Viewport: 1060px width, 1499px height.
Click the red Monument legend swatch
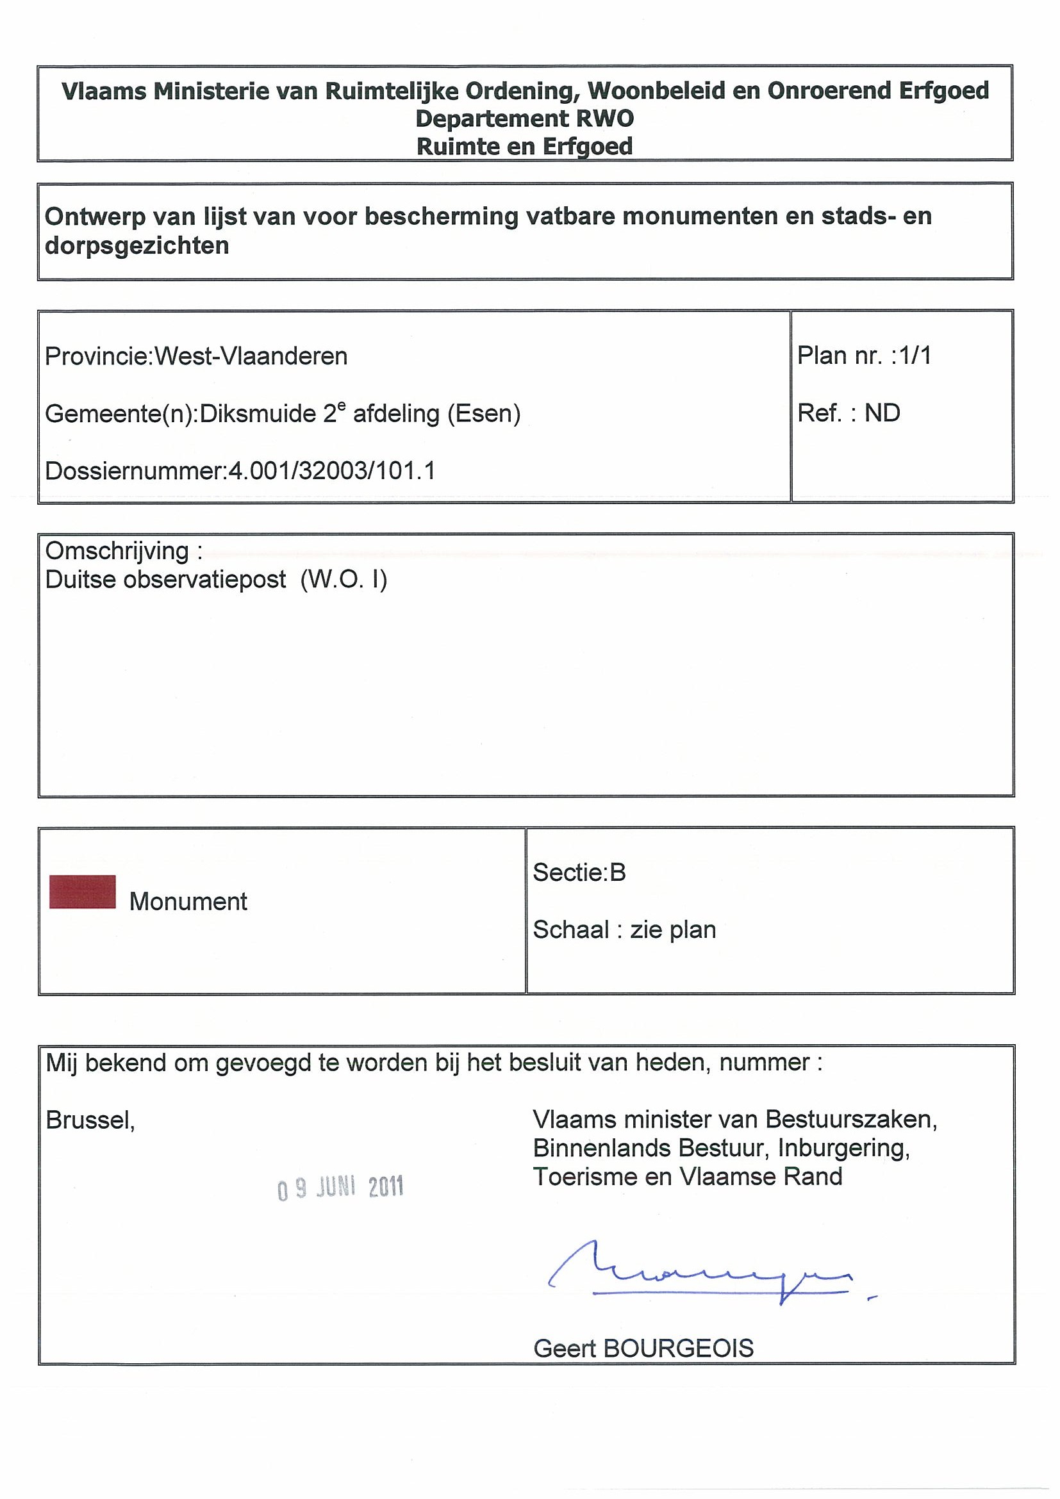(x=82, y=891)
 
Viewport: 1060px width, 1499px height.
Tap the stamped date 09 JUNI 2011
(x=340, y=1188)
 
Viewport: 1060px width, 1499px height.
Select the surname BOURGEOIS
(x=679, y=1348)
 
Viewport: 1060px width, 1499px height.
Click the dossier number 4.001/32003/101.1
(x=331, y=471)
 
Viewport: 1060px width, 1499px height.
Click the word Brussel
(x=90, y=1120)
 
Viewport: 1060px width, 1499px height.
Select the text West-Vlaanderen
(x=251, y=356)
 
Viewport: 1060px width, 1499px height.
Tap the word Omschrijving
(x=117, y=551)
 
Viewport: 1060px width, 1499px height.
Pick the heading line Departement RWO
(x=524, y=119)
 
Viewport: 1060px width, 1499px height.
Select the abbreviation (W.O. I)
(x=344, y=580)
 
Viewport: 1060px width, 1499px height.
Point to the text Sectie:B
(x=579, y=872)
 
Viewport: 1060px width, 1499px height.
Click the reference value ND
(x=882, y=413)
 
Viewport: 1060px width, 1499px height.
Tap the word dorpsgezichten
(x=137, y=246)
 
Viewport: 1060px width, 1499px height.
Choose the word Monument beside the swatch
(x=188, y=901)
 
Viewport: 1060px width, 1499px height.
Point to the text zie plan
(x=673, y=930)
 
